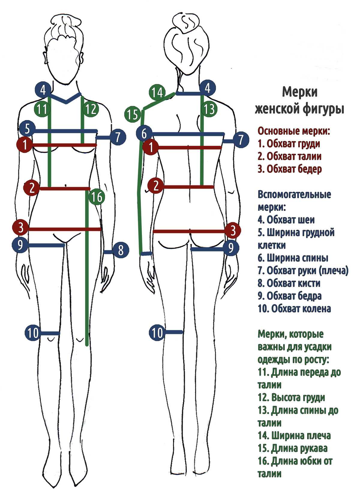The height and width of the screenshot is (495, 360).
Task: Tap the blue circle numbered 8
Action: point(121,250)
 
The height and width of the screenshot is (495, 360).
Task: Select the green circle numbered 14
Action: point(157,92)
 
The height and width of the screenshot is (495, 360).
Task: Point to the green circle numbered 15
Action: point(132,114)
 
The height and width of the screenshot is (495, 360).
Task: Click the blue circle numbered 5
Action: point(27,129)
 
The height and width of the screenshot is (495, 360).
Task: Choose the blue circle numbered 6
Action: point(144,133)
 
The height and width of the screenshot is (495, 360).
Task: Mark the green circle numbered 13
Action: point(209,109)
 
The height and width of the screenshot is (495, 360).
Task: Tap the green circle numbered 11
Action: point(42,109)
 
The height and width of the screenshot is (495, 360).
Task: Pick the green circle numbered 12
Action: point(91,109)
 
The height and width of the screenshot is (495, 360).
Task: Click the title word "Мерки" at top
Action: point(299,92)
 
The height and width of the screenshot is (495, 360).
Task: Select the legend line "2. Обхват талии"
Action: point(289,156)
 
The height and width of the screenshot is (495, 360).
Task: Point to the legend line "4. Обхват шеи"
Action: point(286,220)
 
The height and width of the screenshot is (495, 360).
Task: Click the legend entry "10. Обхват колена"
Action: point(294,308)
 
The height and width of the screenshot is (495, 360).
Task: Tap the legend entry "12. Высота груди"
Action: point(291,397)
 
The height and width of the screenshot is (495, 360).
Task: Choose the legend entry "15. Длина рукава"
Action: point(292,448)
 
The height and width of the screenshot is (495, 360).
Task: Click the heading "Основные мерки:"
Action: point(294,131)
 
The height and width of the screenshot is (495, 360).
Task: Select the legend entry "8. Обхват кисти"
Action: point(289,283)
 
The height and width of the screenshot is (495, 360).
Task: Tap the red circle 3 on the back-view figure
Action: point(233,231)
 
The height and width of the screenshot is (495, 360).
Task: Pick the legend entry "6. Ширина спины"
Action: point(293,258)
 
